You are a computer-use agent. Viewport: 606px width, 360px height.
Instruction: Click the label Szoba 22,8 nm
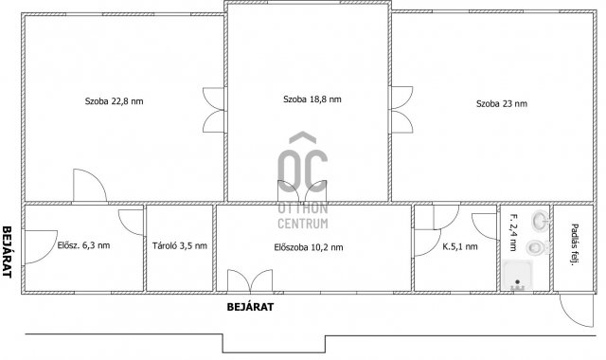[x=114, y=101]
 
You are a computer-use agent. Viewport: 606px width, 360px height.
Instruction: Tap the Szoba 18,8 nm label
[x=312, y=99]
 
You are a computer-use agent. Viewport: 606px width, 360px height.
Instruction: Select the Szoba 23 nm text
[x=502, y=103]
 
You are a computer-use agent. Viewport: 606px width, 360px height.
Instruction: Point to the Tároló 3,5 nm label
[x=180, y=245]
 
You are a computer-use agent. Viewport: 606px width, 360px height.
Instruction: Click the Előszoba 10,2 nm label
[x=309, y=247]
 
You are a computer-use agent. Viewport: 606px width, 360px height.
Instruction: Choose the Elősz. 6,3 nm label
[x=83, y=245]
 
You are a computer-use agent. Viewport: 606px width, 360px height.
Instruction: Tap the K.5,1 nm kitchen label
[x=460, y=246]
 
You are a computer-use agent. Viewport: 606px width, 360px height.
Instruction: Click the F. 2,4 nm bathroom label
[x=513, y=232]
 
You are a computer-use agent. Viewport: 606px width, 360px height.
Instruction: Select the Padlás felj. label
[x=575, y=244]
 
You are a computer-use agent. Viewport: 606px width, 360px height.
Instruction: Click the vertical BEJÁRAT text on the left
[x=7, y=252]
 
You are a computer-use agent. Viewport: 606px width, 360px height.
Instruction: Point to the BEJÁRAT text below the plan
[x=250, y=307]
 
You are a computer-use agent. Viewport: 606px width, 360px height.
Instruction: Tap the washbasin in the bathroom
[x=541, y=221]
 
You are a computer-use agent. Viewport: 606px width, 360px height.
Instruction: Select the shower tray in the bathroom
[x=518, y=275]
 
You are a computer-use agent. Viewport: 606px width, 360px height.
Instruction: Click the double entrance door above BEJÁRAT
[x=250, y=280]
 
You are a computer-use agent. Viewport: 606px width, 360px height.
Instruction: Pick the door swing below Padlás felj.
[x=577, y=310]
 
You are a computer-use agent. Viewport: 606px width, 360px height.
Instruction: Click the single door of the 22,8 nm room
[x=90, y=186]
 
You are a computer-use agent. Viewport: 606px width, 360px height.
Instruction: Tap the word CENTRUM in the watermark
[x=303, y=224]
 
